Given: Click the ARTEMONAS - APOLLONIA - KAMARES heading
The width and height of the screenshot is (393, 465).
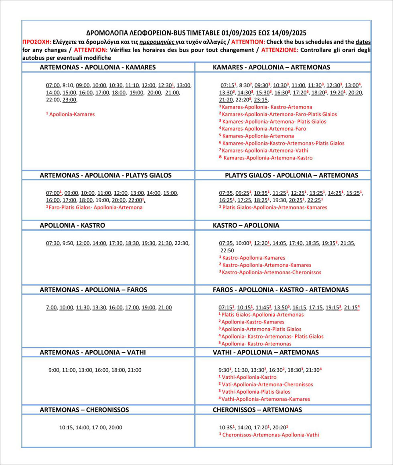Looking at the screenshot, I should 97,67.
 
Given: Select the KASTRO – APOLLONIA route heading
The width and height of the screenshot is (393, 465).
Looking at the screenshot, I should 246,225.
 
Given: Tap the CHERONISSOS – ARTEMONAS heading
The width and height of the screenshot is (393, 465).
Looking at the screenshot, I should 257,410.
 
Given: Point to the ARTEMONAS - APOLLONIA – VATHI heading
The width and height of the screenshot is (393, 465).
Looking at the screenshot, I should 93,352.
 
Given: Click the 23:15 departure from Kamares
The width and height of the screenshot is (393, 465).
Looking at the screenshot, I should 261,100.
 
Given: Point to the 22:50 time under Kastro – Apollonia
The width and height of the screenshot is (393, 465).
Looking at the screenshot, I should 227,251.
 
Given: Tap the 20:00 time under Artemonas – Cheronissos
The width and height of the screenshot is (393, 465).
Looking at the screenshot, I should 115,428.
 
